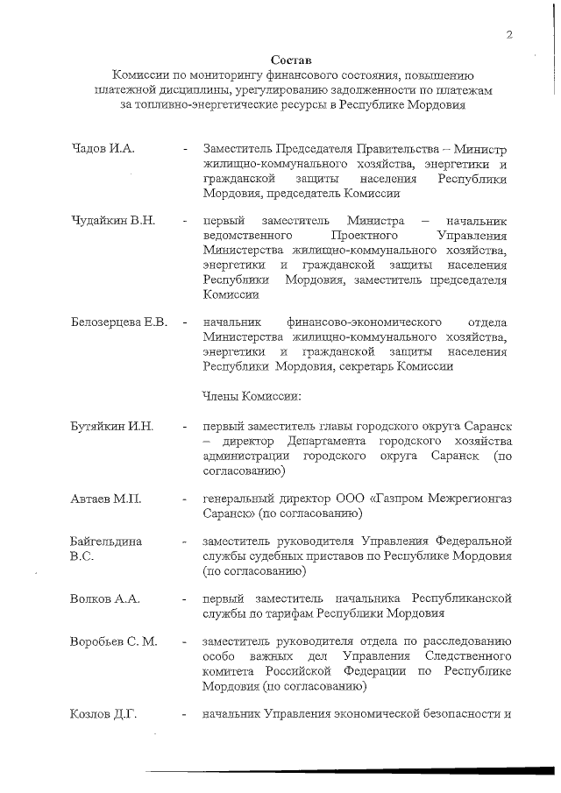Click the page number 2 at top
[x=508, y=34]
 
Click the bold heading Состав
[x=289, y=59]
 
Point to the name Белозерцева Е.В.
[x=118, y=322]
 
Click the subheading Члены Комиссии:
[x=252, y=396]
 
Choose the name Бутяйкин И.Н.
[x=111, y=427]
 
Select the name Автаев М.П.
[x=106, y=499]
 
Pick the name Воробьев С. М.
[x=113, y=642]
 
